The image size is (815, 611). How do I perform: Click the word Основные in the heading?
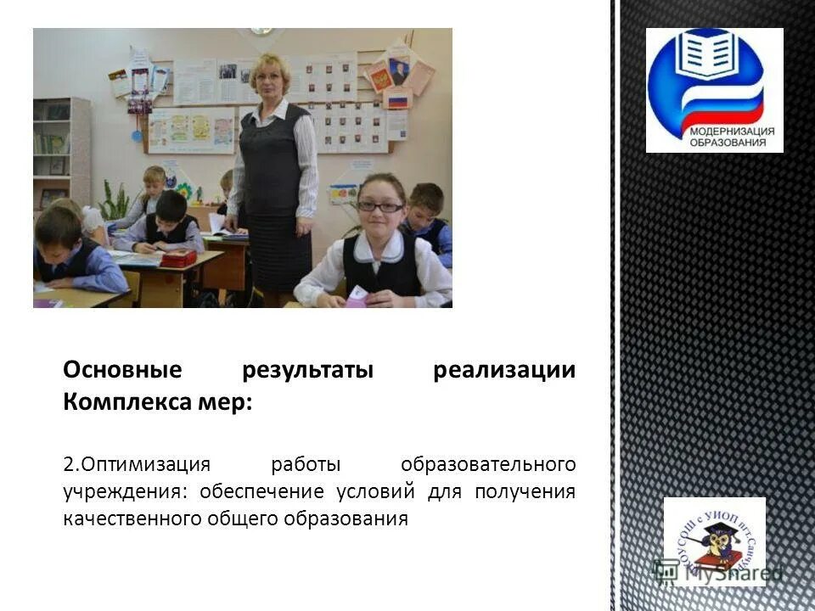122,372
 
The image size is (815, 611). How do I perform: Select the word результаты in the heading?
307,372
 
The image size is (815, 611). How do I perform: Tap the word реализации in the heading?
504,372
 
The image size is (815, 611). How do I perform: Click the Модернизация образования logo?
714,90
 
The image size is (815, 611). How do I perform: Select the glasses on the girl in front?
379,206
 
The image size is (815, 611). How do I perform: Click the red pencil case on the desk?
178,258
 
